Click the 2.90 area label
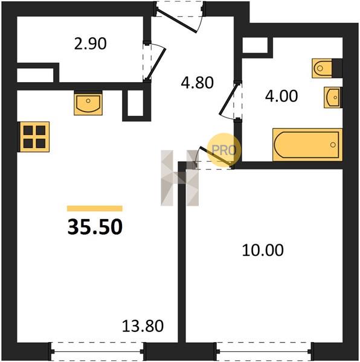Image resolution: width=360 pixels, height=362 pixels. click(x=91, y=43)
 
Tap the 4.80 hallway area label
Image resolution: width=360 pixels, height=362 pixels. click(x=197, y=83)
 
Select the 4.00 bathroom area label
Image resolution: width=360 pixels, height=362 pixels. click(x=281, y=96)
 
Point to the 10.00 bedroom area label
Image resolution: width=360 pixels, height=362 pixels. click(x=263, y=250)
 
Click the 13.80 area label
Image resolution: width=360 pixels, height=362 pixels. click(x=143, y=326)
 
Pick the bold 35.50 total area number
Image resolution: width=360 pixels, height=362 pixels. click(x=95, y=227)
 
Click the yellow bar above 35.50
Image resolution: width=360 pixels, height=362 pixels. click(x=95, y=209)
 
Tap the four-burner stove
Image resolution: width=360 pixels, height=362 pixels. click(x=34, y=137)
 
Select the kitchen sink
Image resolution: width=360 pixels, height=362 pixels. click(x=88, y=103)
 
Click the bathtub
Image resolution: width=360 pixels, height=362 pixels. click(x=307, y=145)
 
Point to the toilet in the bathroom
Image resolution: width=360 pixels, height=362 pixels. click(x=327, y=68)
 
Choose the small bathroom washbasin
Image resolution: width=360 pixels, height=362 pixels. click(x=333, y=97)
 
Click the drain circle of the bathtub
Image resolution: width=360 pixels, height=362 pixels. click(x=333, y=145)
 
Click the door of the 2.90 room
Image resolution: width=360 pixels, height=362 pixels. click(x=156, y=63)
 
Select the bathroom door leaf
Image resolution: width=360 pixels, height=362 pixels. click(x=228, y=100)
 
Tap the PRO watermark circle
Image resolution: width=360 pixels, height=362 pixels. click(x=223, y=150)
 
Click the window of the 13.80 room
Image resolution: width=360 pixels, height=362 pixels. click(x=97, y=351)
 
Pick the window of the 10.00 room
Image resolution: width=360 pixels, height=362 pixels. click(x=263, y=351)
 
